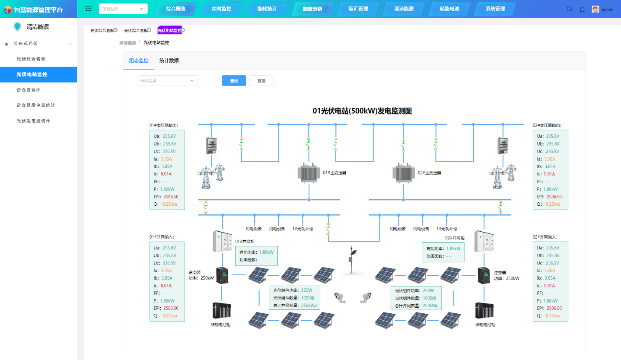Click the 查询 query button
[234, 81]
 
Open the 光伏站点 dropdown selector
[167, 81]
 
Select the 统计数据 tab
[169, 61]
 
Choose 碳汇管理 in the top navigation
[358, 9]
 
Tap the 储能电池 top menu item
[449, 9]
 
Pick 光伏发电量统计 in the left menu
[33, 121]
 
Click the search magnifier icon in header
[569, 9]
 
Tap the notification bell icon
[582, 9]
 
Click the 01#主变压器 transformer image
[309, 173]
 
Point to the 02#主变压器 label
[429, 172]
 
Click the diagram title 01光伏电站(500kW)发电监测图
[362, 111]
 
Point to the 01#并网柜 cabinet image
[222, 241]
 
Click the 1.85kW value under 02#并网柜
[453, 248]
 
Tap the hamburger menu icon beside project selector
[89, 9]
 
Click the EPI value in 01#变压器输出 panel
[171, 197]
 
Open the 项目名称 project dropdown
[123, 9]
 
